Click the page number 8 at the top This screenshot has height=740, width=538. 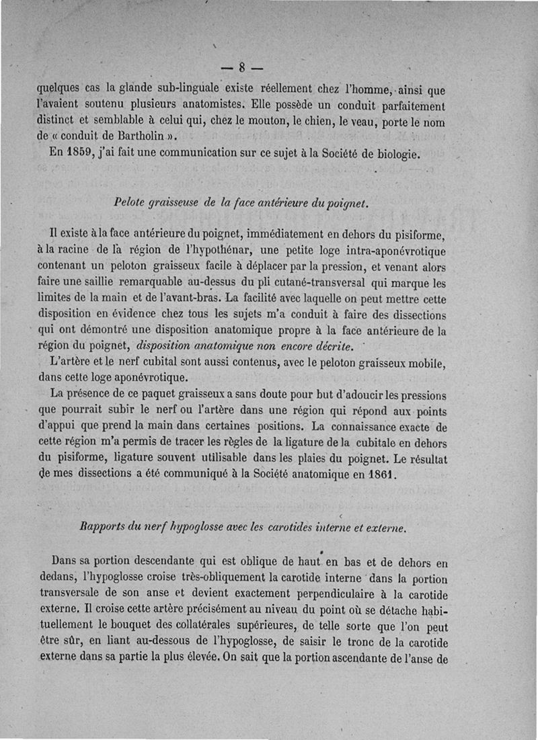(x=241, y=67)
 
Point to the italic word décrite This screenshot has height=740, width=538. (x=329, y=346)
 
